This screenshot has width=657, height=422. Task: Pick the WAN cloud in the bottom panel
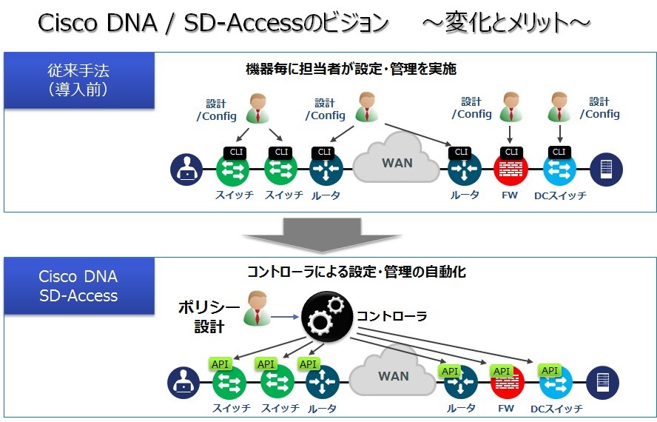393,375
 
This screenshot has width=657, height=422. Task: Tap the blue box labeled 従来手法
78,81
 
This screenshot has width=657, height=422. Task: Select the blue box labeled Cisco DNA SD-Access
78,287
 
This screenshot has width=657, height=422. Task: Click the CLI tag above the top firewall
510,153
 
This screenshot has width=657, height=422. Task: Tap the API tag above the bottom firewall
502,371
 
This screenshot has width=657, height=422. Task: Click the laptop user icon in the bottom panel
182,384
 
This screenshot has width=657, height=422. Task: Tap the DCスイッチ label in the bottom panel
556,408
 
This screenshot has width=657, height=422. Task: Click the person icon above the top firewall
510,107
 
